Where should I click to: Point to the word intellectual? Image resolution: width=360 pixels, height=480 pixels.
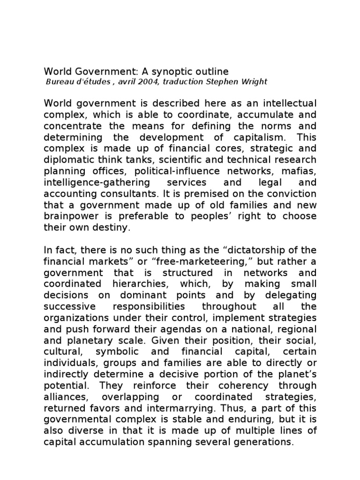coord(288,103)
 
